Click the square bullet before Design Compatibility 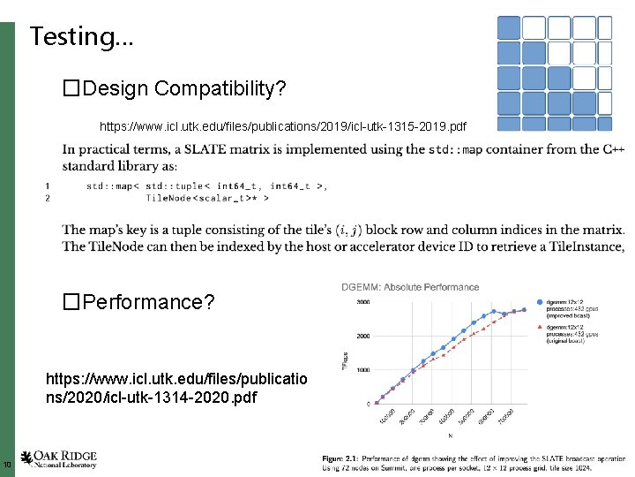[71, 88]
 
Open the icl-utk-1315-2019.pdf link [283, 127]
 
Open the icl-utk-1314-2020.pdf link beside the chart [176, 389]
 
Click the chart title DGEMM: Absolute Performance [410, 287]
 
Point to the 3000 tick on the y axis [362, 302]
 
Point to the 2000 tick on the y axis [362, 337]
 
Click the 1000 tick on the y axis [362, 370]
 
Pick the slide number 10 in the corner [6, 465]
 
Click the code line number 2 [47, 199]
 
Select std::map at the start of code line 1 [107, 185]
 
